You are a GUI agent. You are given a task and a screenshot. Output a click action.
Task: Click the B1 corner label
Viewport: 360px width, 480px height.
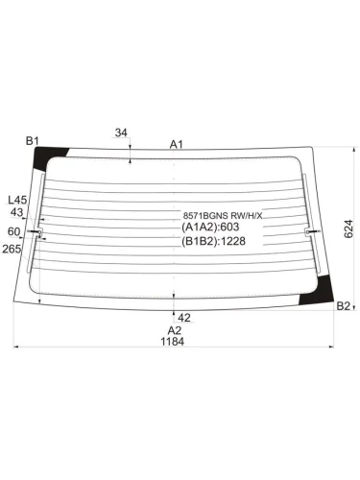[32, 140]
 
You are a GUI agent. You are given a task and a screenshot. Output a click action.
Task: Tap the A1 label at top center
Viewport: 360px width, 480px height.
[176, 145]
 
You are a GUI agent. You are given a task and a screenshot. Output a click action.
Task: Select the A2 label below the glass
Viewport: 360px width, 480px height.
[175, 330]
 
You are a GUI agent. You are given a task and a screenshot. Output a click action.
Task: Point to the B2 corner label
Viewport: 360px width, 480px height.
[344, 306]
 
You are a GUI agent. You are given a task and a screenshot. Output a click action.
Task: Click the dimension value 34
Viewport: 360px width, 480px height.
[121, 132]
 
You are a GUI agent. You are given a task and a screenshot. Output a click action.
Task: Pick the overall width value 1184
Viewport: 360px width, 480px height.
[173, 342]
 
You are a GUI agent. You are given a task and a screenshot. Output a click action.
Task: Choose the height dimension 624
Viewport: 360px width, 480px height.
[348, 228]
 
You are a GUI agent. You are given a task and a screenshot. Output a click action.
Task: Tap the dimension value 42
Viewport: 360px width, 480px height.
[184, 318]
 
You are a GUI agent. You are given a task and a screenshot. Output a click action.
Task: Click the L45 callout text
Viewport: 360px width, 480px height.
[17, 201]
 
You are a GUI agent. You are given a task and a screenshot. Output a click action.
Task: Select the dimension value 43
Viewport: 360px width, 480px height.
[16, 212]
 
